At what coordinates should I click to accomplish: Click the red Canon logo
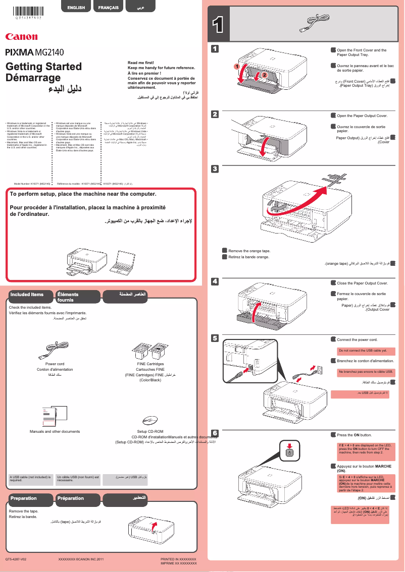(x=21, y=36)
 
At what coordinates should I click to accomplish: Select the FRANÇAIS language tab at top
(x=109, y=8)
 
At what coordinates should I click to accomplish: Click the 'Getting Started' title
(x=43, y=67)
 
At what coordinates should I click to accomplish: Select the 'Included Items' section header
(x=27, y=294)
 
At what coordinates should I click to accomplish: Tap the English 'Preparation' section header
(x=24, y=498)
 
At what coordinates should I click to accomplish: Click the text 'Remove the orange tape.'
(x=249, y=251)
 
